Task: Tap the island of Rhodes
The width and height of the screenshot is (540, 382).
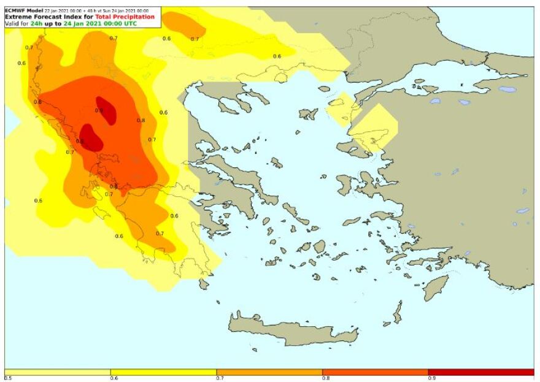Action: (436, 287)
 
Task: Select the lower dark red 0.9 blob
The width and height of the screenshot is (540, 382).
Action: (90, 137)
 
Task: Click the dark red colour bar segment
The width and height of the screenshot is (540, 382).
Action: (481, 372)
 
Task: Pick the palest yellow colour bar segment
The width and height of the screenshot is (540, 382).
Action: (58, 372)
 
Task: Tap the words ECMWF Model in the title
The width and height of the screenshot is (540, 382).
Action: (23, 10)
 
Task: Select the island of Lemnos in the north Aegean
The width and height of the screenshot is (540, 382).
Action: (306, 114)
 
